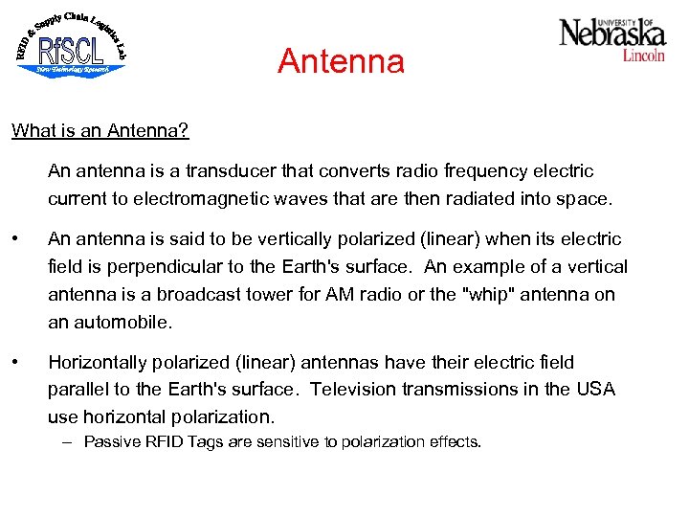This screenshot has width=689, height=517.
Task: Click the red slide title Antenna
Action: click(x=341, y=62)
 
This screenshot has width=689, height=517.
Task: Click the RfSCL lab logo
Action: click(x=72, y=47)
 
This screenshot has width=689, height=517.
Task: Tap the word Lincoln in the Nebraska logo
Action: click(x=643, y=56)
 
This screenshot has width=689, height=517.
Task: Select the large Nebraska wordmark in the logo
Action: click(x=611, y=34)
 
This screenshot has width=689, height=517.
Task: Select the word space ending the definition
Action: click(x=582, y=199)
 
